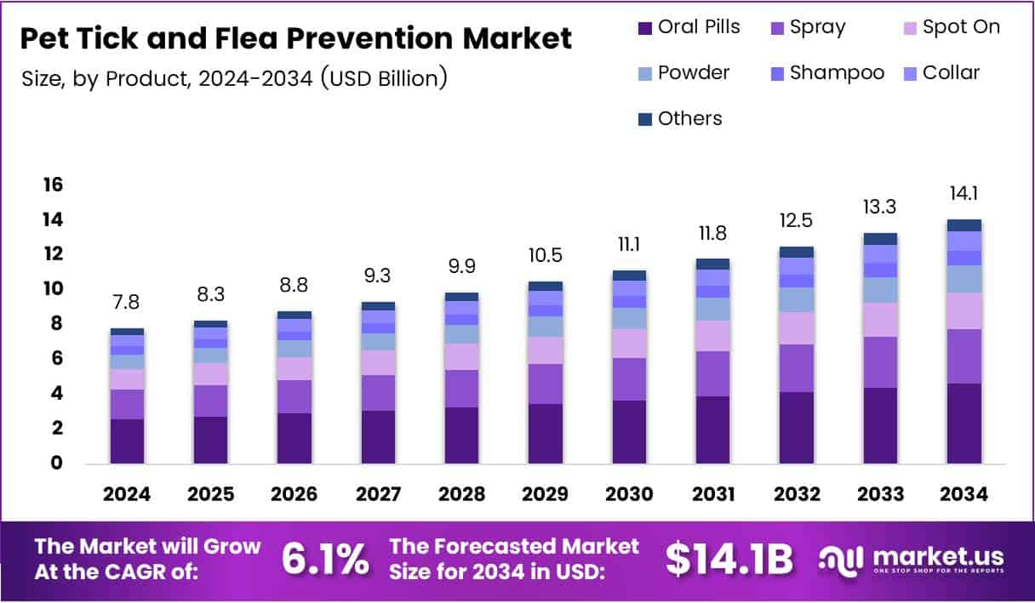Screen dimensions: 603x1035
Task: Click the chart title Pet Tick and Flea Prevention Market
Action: pyautogui.click(x=296, y=38)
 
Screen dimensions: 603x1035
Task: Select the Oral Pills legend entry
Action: pyautogui.click(x=689, y=27)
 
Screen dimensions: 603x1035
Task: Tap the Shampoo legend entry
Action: pyautogui.click(x=826, y=73)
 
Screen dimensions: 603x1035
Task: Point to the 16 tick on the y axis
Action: pyautogui.click(x=53, y=185)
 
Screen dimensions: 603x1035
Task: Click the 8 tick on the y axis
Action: pyautogui.click(x=57, y=324)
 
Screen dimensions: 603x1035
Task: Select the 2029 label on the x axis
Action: pyautogui.click(x=545, y=494)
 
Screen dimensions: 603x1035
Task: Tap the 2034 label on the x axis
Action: pyautogui.click(x=964, y=494)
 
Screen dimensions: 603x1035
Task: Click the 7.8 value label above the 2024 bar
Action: pyautogui.click(x=127, y=304)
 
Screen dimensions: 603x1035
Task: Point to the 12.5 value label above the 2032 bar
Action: pyautogui.click(x=796, y=220)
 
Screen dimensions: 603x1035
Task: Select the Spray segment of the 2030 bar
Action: pyautogui.click(x=629, y=378)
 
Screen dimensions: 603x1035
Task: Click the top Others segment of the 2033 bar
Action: pyautogui.click(x=880, y=239)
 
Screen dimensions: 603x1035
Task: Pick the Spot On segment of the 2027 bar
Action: pyautogui.click(x=377, y=362)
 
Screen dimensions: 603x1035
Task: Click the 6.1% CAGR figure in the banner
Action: pyautogui.click(x=326, y=560)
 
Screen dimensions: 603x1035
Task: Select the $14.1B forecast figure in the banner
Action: pyautogui.click(x=729, y=560)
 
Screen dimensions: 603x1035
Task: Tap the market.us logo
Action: pyautogui.click(x=911, y=560)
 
